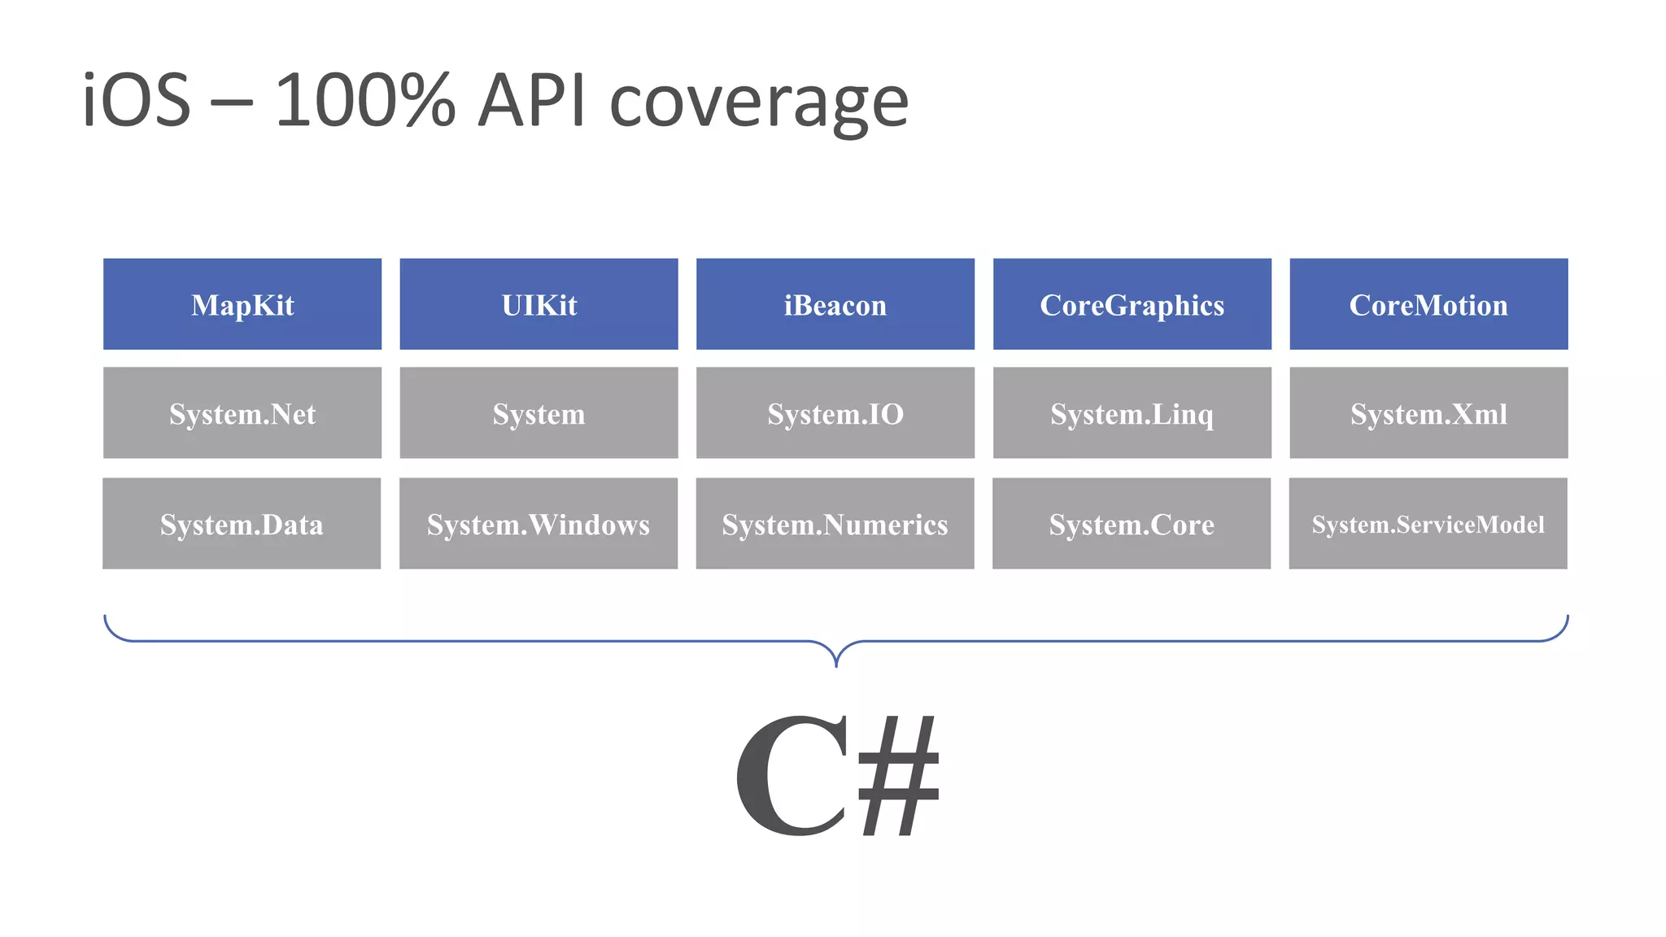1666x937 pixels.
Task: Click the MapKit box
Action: pos(242,304)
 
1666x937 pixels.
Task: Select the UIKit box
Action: pos(539,304)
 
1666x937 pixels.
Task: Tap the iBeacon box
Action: pos(835,304)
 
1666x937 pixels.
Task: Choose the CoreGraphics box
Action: pos(1132,304)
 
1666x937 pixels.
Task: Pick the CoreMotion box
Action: pos(1428,304)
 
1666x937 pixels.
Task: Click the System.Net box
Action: pos(242,413)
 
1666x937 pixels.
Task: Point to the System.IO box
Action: pos(835,413)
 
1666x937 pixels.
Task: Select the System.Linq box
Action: pos(1132,413)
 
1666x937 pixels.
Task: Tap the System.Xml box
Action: pos(1428,413)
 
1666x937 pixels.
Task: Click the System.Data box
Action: pos(242,524)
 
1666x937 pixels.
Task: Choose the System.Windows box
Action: pos(539,524)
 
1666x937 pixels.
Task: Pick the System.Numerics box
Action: pos(835,524)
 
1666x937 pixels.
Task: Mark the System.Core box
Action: pos(1132,524)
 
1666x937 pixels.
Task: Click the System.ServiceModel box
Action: pos(1428,524)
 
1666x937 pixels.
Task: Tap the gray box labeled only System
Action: pos(539,413)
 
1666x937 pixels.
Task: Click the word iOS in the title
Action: pos(137,101)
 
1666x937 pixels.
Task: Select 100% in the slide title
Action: pos(365,101)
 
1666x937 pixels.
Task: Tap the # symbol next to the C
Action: pos(899,776)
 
